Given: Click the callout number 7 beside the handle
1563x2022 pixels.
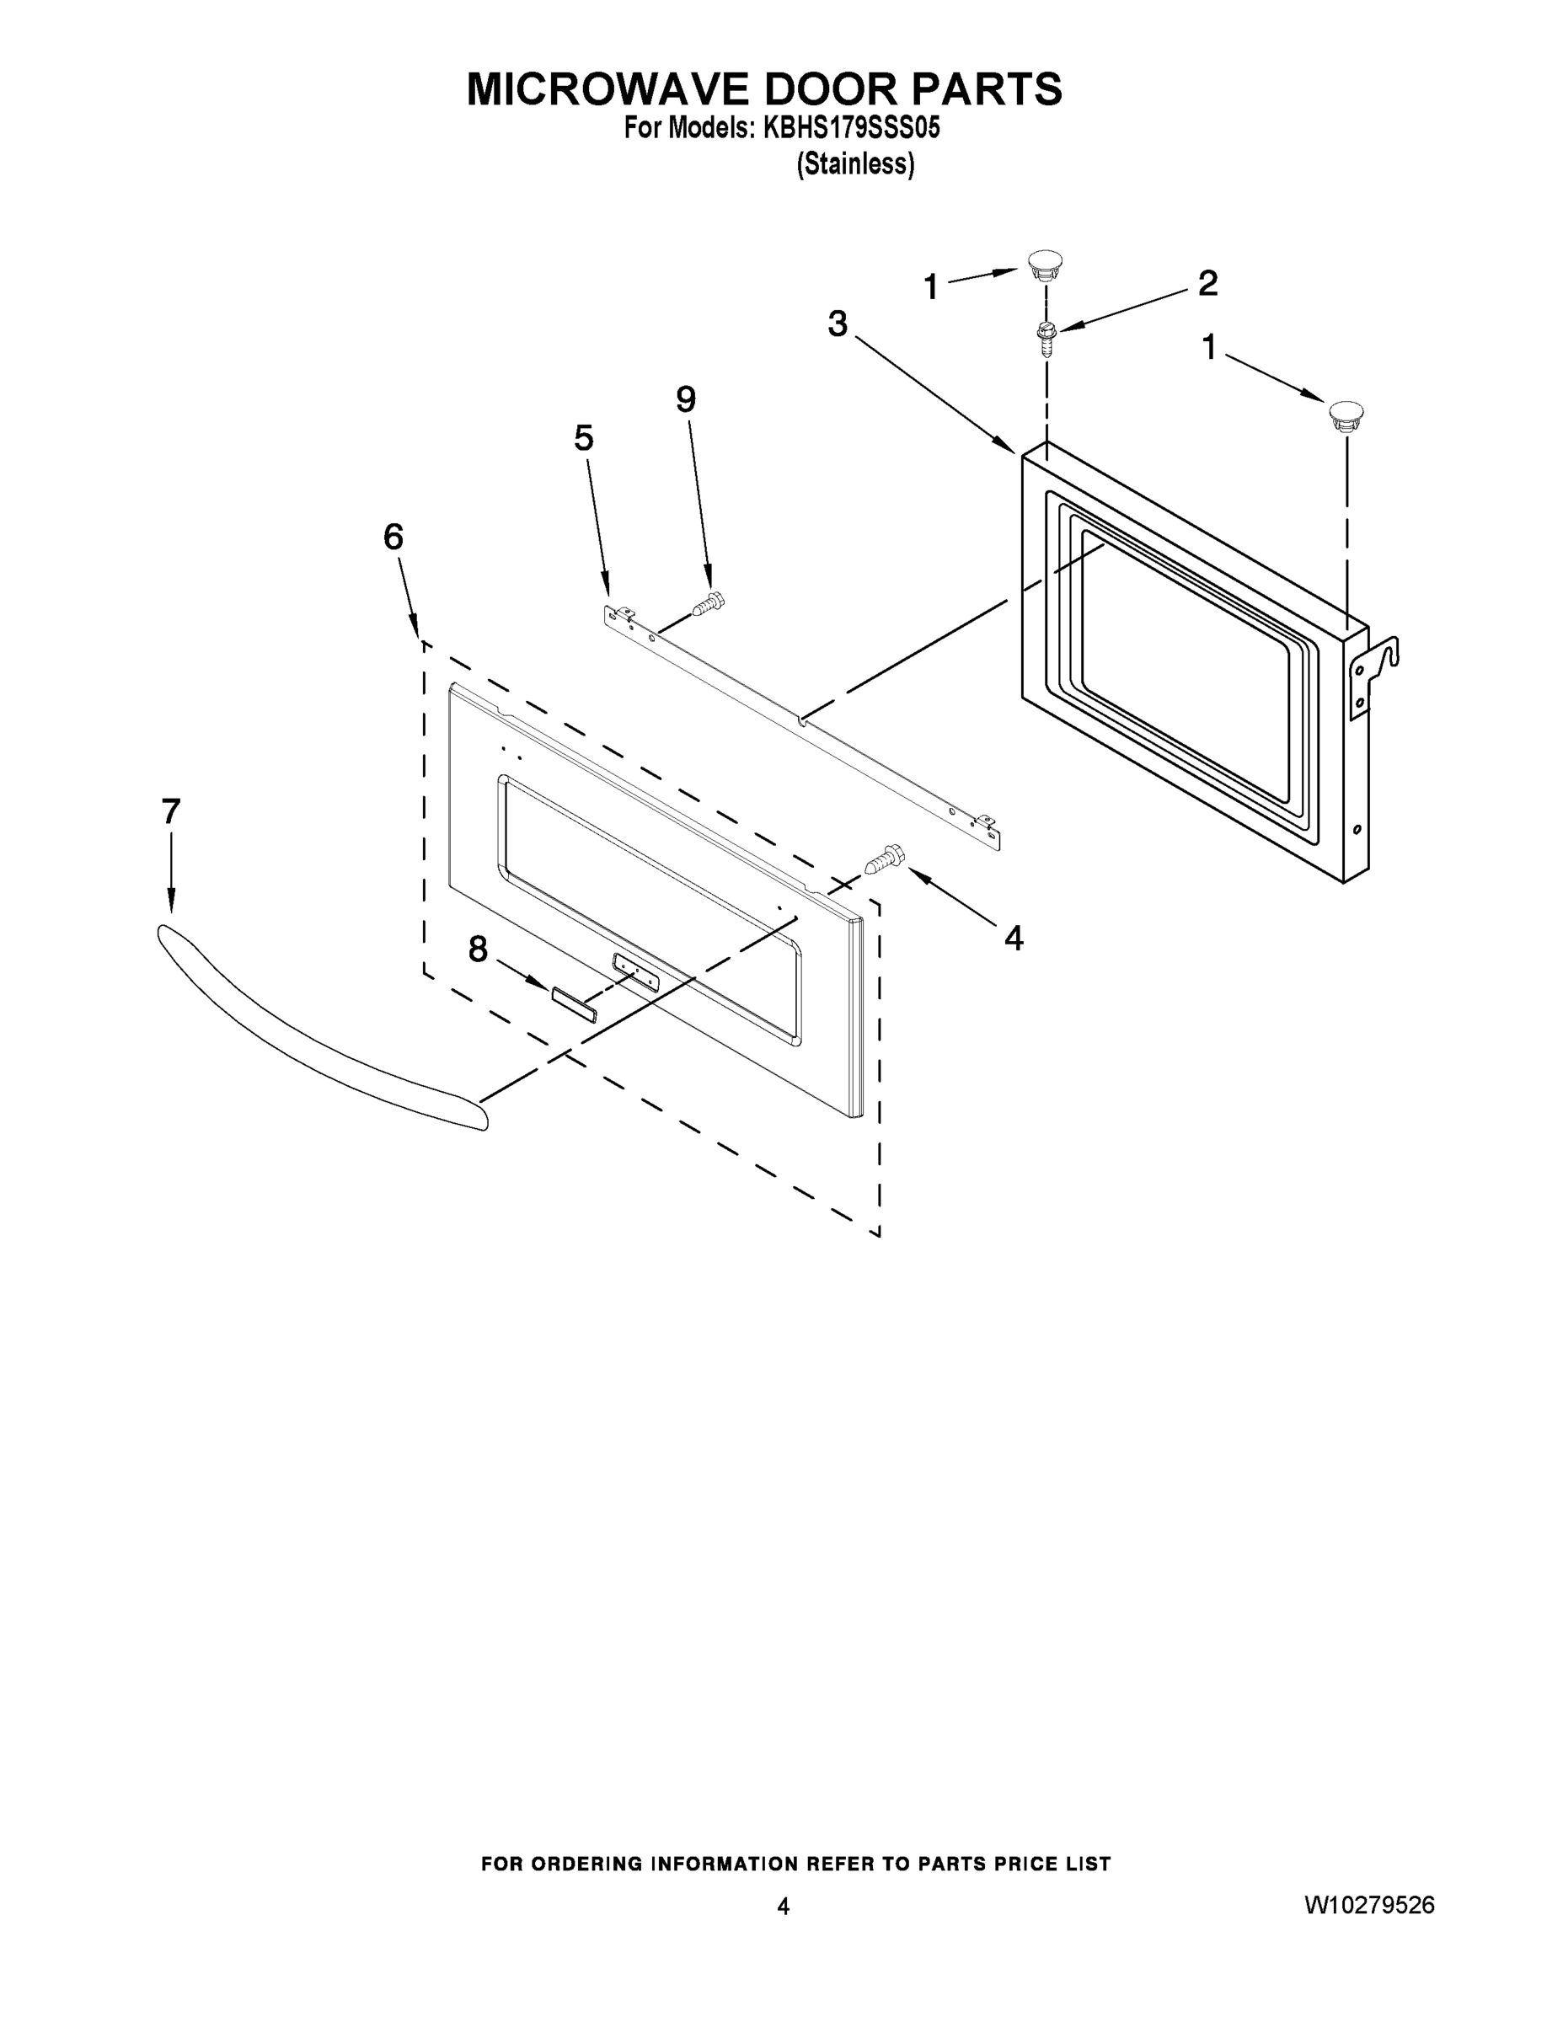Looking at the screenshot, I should click(170, 812).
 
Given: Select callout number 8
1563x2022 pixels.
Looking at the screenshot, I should click(478, 949).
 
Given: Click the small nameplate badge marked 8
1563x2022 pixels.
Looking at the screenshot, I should click(574, 1003).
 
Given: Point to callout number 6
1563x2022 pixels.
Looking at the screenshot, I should click(393, 537).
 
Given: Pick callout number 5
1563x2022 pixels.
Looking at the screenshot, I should click(583, 438).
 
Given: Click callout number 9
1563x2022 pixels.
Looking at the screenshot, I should click(685, 400).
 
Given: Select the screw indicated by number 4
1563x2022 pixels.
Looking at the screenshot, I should click(883, 859).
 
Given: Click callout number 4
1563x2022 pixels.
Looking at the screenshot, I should click(1014, 939).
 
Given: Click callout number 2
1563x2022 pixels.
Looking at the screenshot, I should click(1207, 283).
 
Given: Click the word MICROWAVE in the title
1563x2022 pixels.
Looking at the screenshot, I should click(607, 90).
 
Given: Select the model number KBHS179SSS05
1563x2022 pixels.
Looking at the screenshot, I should click(851, 129).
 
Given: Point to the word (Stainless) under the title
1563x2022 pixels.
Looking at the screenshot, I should click(854, 164).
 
